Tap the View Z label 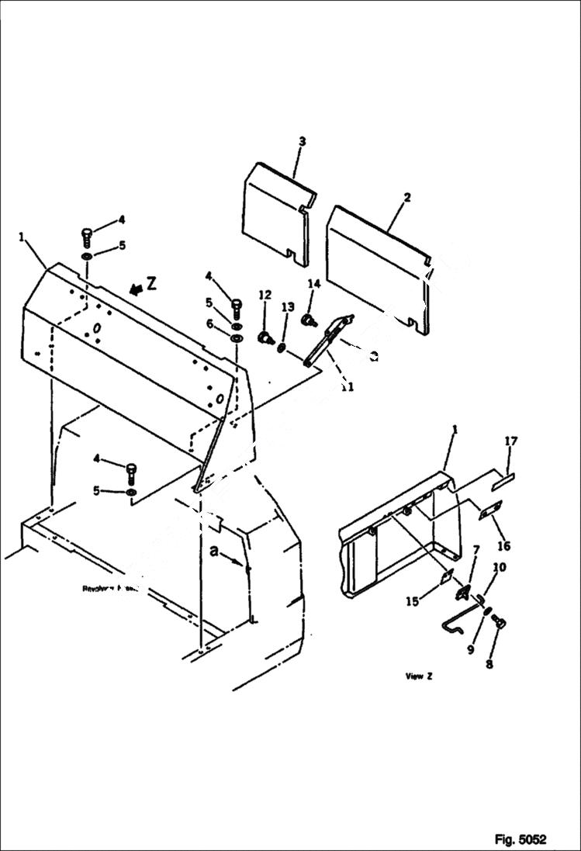(x=419, y=676)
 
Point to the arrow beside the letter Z (x=136, y=289)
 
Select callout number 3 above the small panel (x=302, y=141)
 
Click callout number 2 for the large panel (x=406, y=199)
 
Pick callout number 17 (x=510, y=441)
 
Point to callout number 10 (x=500, y=568)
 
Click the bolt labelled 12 (x=267, y=337)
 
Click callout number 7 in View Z (x=476, y=550)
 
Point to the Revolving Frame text (x=109, y=589)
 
